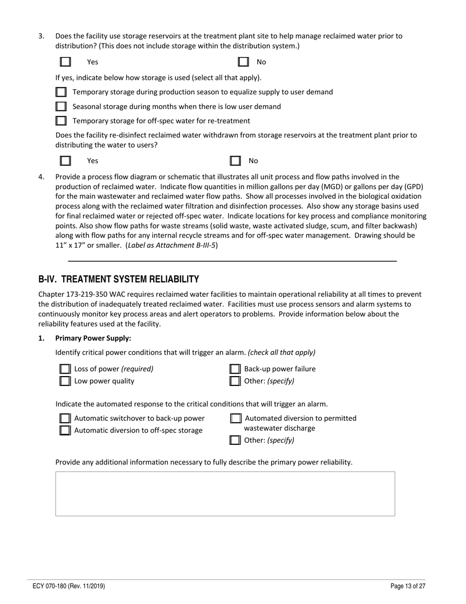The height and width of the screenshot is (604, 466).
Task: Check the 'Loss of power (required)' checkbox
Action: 65,369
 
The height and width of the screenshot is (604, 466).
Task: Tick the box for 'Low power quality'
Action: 65,381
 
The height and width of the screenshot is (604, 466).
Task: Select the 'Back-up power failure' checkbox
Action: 235,369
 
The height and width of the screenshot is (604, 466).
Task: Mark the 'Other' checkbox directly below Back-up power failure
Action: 235,381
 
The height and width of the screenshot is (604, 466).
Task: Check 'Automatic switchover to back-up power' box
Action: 65,418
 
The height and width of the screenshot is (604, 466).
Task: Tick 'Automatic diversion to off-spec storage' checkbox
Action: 65,431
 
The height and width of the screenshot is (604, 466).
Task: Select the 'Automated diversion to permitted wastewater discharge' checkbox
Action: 235,418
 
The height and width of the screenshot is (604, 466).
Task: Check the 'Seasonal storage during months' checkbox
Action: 61,107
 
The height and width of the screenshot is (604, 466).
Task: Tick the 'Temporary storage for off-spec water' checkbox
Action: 61,121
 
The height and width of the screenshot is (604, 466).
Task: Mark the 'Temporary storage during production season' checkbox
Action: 61,92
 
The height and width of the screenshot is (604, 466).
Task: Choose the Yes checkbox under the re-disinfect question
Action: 65,161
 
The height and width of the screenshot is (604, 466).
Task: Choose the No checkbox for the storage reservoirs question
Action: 243,62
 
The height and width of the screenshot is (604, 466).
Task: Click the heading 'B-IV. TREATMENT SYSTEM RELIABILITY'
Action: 119,279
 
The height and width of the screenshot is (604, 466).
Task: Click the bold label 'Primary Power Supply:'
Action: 93,338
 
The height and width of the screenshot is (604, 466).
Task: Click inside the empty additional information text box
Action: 225,494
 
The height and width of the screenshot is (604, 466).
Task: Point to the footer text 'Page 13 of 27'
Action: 408,586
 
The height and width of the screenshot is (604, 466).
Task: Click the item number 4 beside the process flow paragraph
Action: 41,177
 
